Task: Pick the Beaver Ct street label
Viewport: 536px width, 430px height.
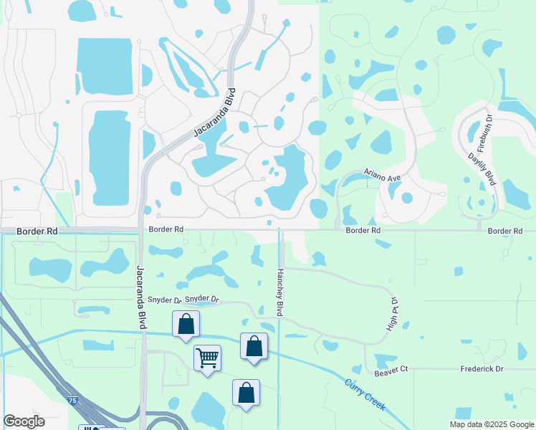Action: [x=391, y=368]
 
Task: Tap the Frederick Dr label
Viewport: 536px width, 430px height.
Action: [x=482, y=368]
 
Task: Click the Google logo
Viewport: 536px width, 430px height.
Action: [x=24, y=421]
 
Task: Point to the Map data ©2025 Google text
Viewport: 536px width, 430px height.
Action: [x=491, y=424]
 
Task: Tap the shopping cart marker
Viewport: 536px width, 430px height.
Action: [x=207, y=356]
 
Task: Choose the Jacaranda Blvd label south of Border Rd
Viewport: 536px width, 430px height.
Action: [x=141, y=297]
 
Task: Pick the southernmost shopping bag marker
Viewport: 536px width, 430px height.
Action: [x=246, y=392]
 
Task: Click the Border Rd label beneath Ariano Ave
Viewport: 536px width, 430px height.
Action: [x=363, y=231]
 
